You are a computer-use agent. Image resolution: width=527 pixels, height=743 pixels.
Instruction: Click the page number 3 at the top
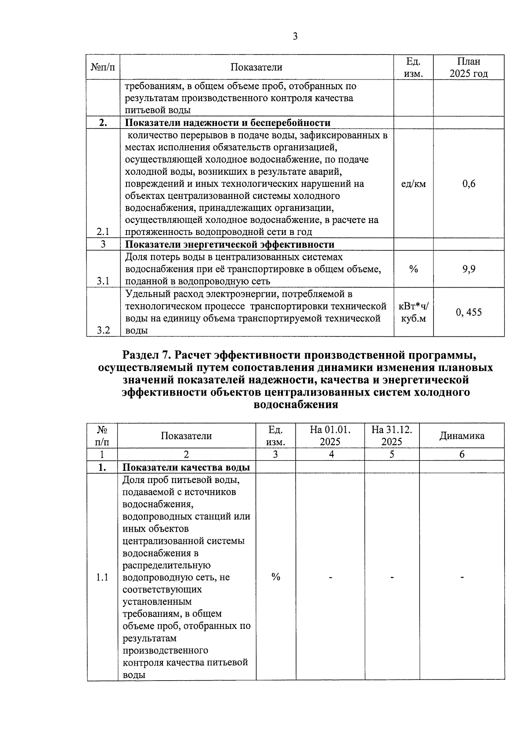point(295,36)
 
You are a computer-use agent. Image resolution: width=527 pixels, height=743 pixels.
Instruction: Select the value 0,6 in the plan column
point(469,184)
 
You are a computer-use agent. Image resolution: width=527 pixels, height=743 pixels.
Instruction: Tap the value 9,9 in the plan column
point(469,269)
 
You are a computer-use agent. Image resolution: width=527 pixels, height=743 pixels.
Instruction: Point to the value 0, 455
point(469,313)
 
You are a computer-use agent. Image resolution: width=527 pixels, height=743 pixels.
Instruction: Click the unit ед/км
point(413,184)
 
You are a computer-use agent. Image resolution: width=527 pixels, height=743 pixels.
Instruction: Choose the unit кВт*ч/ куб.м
point(413,312)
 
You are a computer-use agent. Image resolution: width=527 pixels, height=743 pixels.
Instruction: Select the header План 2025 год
point(469,67)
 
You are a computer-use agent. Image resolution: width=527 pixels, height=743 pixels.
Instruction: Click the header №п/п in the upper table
point(103,67)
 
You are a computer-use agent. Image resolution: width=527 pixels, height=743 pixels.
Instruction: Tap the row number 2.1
point(103,232)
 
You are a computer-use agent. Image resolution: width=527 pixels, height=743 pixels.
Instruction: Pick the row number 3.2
point(103,330)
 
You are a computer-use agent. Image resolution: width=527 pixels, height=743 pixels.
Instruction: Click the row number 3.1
point(103,281)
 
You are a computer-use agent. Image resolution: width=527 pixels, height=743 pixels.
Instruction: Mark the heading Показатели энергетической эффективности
point(230,245)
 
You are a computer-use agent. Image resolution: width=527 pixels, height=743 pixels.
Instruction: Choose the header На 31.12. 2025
point(392,436)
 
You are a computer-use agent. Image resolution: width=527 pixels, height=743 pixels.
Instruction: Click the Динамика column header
point(462,436)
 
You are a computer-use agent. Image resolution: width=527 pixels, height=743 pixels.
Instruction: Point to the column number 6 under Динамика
point(462,454)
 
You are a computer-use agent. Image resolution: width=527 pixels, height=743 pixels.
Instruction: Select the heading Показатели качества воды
point(186,467)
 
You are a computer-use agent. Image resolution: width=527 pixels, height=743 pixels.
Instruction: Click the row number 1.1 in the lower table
point(102,577)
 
